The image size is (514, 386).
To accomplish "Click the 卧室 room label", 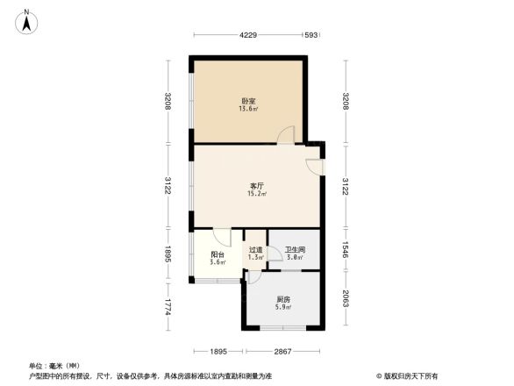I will tap(248, 100).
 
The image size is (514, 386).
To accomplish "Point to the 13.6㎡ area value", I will tap(248, 110).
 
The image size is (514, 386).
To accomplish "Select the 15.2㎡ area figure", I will tap(257, 195).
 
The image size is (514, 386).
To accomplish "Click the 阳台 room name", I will tap(218, 254).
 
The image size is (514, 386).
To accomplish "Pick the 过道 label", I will tap(255, 249).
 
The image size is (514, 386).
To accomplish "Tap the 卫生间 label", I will tap(294, 249).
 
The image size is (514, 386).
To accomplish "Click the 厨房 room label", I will tap(282, 299).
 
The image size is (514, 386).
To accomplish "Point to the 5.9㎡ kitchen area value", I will tap(282, 309).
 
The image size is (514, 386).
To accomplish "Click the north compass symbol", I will tap(28, 20).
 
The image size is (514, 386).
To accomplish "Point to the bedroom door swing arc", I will tap(287, 135).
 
